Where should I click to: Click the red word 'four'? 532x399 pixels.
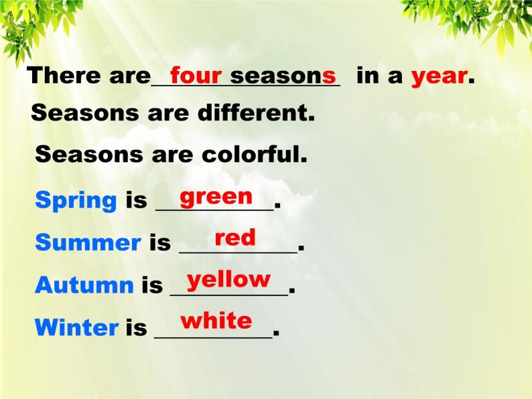click(196, 75)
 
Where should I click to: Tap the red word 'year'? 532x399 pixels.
click(439, 76)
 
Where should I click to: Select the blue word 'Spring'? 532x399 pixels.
click(76, 200)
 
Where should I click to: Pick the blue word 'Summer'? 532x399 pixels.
click(88, 242)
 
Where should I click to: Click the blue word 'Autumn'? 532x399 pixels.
click(84, 285)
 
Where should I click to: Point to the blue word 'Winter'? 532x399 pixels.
click(76, 327)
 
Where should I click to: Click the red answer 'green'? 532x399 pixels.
click(216, 197)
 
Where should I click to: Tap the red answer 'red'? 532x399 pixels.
click(235, 238)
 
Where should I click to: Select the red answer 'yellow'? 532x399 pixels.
click(228, 279)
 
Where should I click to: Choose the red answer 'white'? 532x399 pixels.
click(216, 321)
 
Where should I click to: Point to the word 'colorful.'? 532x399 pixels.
click(255, 155)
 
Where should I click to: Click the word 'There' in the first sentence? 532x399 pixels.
click(64, 76)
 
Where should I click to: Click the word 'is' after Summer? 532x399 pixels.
click(159, 242)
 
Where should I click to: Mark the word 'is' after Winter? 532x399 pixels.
click(136, 327)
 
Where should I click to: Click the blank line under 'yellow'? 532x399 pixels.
click(228, 294)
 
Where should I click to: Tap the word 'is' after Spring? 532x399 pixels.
click(136, 200)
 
